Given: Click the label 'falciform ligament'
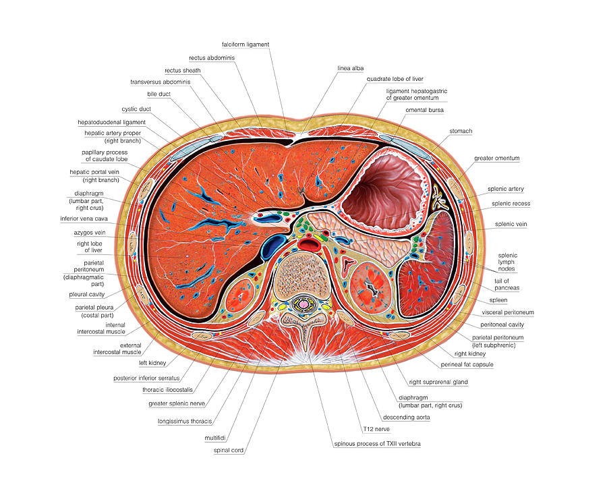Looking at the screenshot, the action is (x=245, y=45).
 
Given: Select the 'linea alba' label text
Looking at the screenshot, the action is (x=350, y=68).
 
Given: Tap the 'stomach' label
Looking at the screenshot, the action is (x=461, y=131).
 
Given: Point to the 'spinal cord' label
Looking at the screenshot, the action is (x=229, y=450).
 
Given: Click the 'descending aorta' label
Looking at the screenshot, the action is (x=406, y=418).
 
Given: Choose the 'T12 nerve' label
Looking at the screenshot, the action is (x=376, y=429).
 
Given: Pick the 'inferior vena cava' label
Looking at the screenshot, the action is (x=84, y=219).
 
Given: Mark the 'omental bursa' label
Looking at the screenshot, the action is (x=424, y=110).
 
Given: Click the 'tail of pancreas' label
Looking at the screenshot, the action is (x=507, y=285).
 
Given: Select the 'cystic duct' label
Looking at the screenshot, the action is (x=136, y=109).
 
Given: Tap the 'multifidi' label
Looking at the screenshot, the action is (x=215, y=438).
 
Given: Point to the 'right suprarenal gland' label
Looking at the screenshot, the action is (x=438, y=382).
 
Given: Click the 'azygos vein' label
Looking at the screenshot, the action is (x=90, y=233).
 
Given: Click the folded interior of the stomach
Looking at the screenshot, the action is (x=383, y=194).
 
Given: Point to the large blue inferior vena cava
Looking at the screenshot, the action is (x=273, y=246).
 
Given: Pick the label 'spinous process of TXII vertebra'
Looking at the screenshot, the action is (x=377, y=444).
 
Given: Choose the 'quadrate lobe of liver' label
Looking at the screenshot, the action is (x=395, y=79).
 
